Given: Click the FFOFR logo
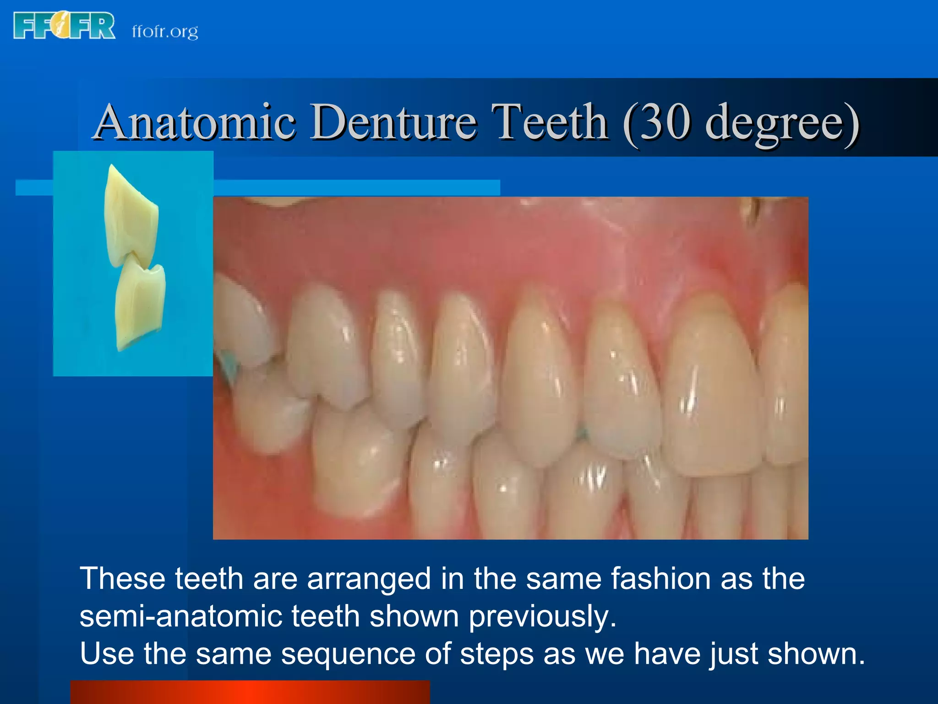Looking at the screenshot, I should click(x=64, y=26).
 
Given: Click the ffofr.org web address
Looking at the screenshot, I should click(x=165, y=31).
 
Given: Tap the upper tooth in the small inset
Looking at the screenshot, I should click(x=131, y=215).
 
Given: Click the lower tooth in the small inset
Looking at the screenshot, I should click(x=140, y=305).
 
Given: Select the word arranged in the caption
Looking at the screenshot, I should click(x=369, y=579).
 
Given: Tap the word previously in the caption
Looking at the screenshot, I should click(x=543, y=617).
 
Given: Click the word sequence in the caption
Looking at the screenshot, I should click(x=348, y=654).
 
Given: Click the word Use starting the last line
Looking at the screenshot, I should click(x=106, y=654).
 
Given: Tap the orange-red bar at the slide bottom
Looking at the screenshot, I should click(x=250, y=692).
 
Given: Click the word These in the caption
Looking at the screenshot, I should click(x=122, y=578).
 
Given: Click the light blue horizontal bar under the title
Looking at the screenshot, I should click(x=357, y=187).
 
